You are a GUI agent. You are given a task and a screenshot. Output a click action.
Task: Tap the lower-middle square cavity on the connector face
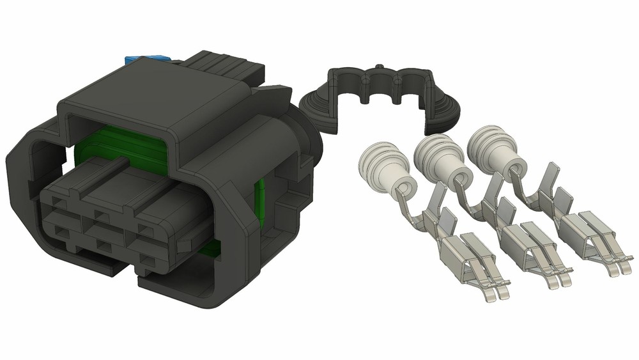click(x=101, y=243)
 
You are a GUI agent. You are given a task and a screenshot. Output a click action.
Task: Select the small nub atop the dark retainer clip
click(x=379, y=66)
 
